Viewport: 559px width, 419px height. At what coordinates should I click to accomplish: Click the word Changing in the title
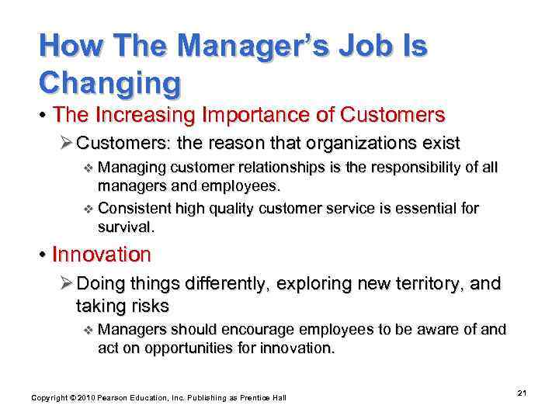click(x=110, y=81)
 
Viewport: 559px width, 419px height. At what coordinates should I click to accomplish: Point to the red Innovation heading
click(x=101, y=255)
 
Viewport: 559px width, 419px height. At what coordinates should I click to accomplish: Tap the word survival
click(x=126, y=227)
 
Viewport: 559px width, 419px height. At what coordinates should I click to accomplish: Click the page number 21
click(x=522, y=393)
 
